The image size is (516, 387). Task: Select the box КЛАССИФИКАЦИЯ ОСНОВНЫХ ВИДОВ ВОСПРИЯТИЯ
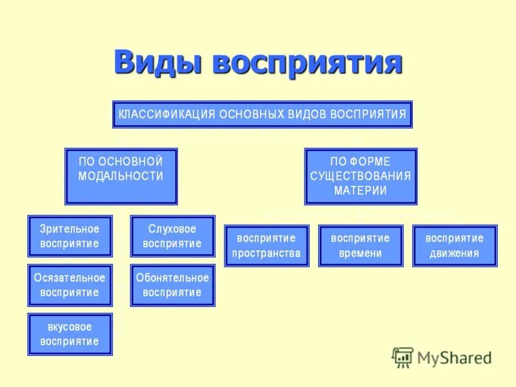point(262,115)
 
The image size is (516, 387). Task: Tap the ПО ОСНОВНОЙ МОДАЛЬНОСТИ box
point(121,176)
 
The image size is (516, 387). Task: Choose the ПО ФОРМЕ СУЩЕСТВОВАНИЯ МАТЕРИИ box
point(361,176)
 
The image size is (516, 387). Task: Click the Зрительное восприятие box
point(70,236)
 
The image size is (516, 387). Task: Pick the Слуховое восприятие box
point(172,236)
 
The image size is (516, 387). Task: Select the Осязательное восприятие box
point(70,285)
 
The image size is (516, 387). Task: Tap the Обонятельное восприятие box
point(172,285)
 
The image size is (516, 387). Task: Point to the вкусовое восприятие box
point(70,334)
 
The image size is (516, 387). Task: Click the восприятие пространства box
point(266,246)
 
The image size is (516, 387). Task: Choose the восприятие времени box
point(361,246)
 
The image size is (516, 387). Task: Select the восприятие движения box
point(455,246)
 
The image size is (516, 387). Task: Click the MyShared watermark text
point(454,357)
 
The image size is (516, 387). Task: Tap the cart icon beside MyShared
point(403,357)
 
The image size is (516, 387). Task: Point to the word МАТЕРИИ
point(361,190)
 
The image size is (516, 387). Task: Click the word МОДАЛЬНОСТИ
point(121,176)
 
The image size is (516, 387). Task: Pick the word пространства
point(266,253)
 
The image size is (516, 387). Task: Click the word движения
point(455,253)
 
